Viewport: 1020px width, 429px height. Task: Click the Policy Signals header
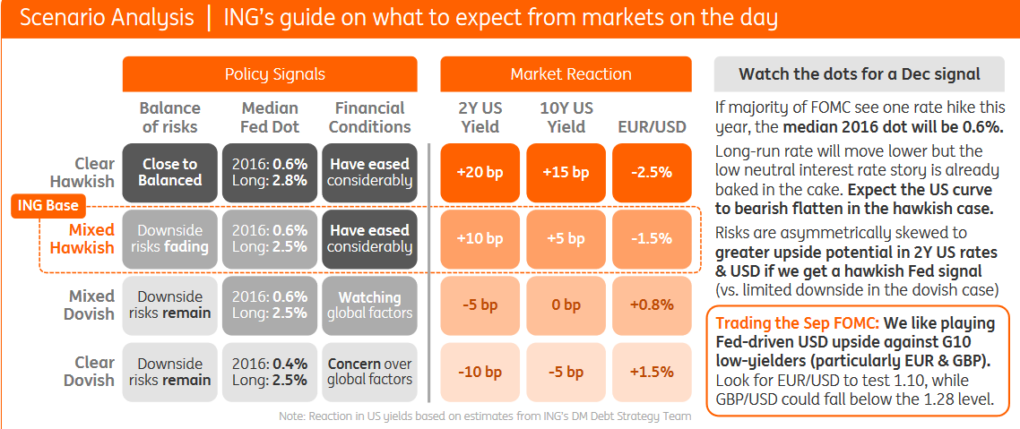(x=270, y=74)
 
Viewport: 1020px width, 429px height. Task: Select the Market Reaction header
(x=570, y=74)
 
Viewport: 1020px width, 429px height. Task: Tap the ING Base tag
(x=48, y=207)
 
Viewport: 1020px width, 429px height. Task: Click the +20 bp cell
(x=480, y=172)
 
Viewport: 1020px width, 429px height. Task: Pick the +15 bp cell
(x=566, y=172)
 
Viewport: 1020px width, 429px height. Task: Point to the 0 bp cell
(x=566, y=305)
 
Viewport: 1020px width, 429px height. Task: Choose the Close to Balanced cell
(x=169, y=172)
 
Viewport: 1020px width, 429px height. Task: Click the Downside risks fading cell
(x=169, y=238)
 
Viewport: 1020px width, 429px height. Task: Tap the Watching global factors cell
(x=369, y=305)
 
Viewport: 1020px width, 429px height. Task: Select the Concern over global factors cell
(x=369, y=371)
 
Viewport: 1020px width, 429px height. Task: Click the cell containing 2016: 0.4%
(x=269, y=371)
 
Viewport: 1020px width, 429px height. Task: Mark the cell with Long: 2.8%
(x=269, y=172)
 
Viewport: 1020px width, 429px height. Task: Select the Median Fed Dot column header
(x=269, y=117)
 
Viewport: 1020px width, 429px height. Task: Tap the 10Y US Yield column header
(x=566, y=117)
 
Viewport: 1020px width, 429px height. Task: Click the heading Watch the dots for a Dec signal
(x=860, y=74)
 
